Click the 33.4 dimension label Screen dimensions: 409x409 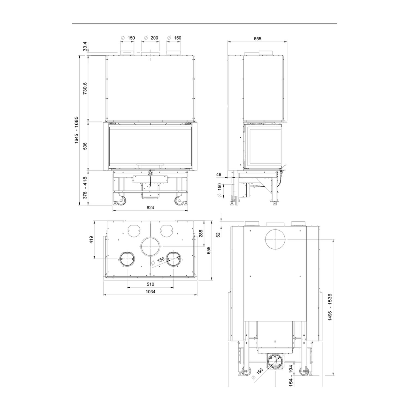coord(85,46)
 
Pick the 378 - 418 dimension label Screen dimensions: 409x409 coord(85,188)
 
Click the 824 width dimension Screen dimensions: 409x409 coord(150,207)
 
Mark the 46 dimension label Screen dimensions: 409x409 coord(219,175)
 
